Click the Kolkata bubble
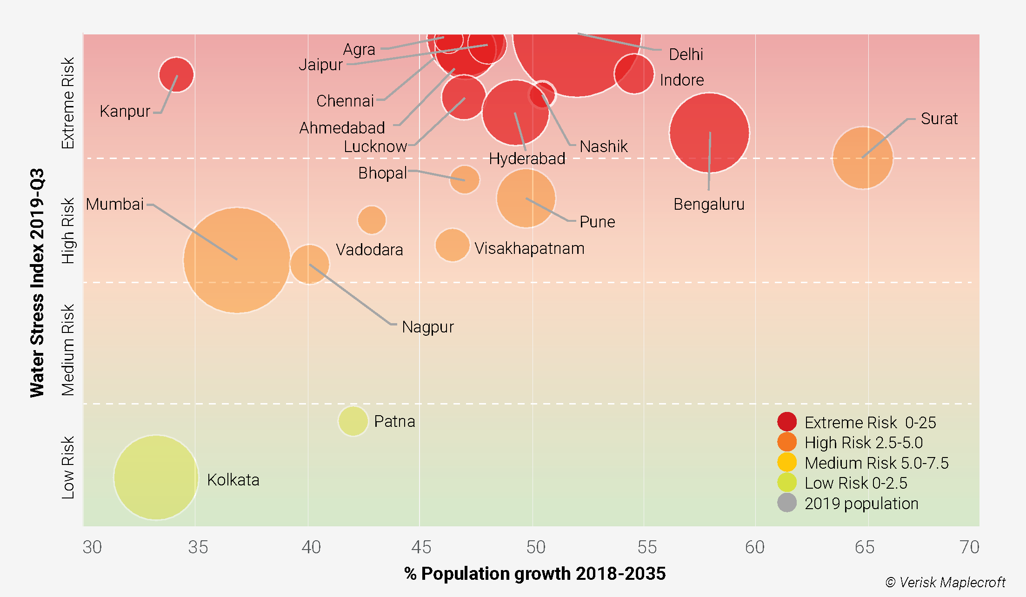[x=156, y=477]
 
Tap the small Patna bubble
[x=353, y=421]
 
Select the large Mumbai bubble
[x=236, y=260]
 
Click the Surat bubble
[x=863, y=158]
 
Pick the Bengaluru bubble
[x=709, y=133]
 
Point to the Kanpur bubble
[x=176, y=74]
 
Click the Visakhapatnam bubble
[x=452, y=245]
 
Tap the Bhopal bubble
[x=464, y=179]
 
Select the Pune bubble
[x=526, y=199]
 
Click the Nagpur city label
[x=427, y=327]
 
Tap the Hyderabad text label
[x=527, y=159]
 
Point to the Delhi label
[x=686, y=54]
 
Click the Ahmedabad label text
[x=342, y=127]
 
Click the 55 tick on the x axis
[x=647, y=547]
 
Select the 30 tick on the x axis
[x=92, y=547]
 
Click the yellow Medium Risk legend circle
[x=787, y=462]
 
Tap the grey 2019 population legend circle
[x=787, y=503]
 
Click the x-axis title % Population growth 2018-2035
[x=535, y=573]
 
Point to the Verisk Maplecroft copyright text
[x=946, y=582]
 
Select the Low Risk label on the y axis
[x=68, y=467]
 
